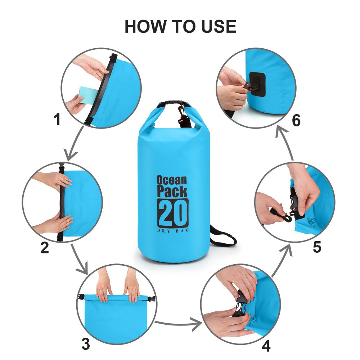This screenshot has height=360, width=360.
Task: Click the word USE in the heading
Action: tap(219, 26)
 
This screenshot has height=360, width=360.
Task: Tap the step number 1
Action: tap(57, 119)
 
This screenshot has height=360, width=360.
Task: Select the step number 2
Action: tap(45, 248)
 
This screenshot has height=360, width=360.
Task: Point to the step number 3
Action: tap(86, 344)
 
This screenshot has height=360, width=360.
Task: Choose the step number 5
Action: tap(317, 247)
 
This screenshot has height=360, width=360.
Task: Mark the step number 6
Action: tap(296, 120)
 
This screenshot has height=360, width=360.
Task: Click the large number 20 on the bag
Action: tap(172, 213)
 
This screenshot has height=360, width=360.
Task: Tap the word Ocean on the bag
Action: tap(172, 180)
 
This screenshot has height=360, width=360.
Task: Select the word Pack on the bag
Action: tap(172, 192)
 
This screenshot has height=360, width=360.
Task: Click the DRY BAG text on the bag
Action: tap(173, 230)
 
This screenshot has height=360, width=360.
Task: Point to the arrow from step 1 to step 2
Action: tap(76, 144)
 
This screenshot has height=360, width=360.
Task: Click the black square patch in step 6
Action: tap(258, 84)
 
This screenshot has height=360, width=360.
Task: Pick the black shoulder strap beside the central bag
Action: tap(223, 237)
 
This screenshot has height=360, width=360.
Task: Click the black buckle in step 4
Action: tap(240, 304)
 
